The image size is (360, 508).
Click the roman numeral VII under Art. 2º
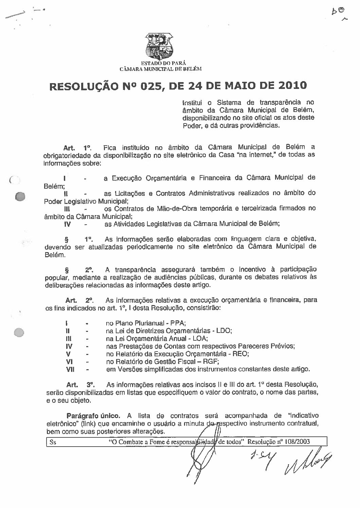point(69,369)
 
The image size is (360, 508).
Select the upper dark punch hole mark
point(21,196)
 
